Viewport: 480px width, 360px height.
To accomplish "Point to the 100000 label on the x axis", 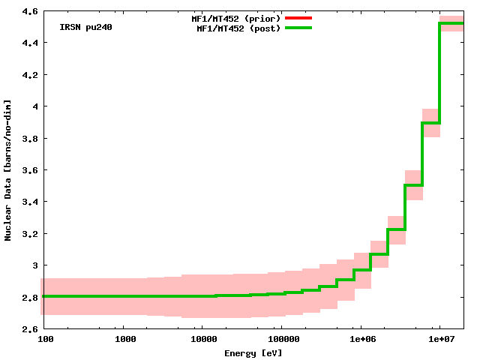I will tap(280, 340).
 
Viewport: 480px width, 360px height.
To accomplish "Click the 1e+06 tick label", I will tap(360, 340).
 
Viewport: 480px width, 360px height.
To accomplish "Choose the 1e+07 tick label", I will tap(439, 340).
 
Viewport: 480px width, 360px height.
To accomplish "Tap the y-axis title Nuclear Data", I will tap(8, 170).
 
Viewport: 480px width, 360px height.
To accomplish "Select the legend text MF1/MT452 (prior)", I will tap(235, 17).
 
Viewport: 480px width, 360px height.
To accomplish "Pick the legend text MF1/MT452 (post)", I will tap(238, 28).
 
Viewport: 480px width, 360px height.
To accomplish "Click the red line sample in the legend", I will tap(298, 17).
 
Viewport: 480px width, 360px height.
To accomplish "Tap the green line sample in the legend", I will tap(298, 28).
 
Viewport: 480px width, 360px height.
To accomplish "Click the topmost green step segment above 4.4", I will tap(451, 23).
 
